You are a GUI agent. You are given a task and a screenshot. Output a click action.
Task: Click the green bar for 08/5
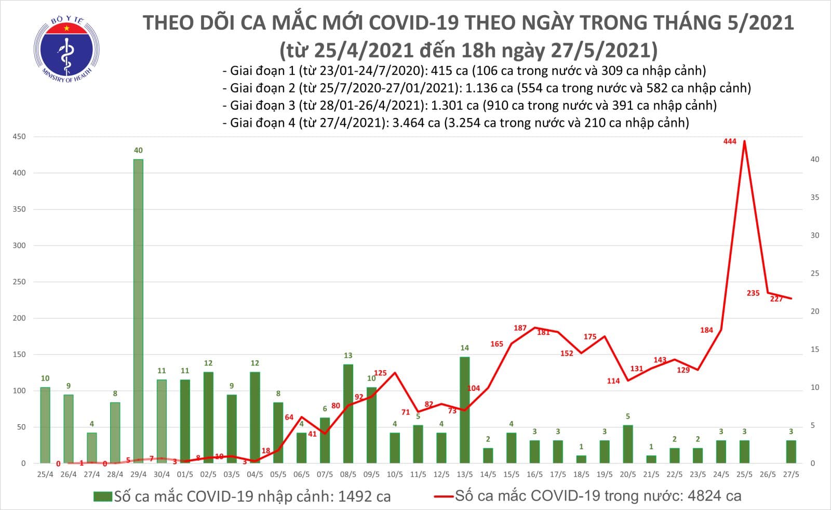coord(348,413)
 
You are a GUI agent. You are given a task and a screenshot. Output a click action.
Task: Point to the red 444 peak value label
coord(730,141)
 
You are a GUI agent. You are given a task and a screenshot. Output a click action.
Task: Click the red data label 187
coord(520,328)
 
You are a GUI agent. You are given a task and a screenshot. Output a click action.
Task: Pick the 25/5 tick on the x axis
coord(744,474)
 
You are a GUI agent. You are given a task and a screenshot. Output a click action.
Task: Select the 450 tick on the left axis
coord(19,137)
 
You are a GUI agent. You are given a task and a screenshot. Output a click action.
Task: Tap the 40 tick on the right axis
coord(814,160)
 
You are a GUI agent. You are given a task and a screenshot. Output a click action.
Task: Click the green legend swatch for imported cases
coord(102,496)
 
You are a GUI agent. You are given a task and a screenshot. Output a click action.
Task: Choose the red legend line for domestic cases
coord(444,496)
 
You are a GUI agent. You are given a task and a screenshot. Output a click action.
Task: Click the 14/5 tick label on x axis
coord(488,474)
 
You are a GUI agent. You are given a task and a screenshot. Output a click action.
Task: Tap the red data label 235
coord(753,293)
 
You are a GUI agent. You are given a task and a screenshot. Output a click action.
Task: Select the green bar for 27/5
coord(790,451)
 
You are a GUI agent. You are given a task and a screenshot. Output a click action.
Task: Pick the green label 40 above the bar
coord(138,150)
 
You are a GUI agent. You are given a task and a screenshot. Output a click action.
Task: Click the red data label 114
coord(613,381)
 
